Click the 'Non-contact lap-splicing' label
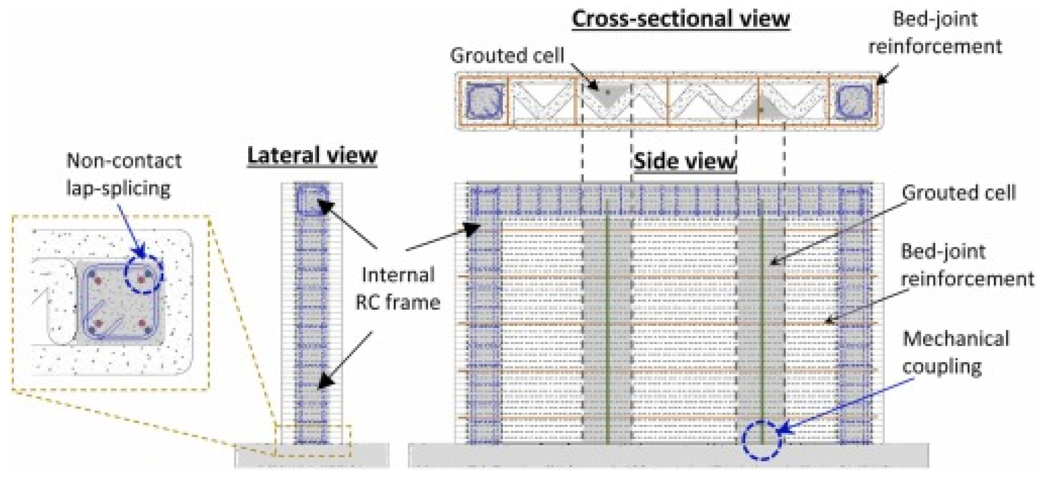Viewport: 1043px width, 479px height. pyautogui.click(x=123, y=175)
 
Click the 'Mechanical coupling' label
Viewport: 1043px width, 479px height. pyautogui.click(x=955, y=352)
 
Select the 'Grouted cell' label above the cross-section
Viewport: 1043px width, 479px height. pyautogui.click(x=507, y=55)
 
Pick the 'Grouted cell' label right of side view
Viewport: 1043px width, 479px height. pyautogui.click(x=959, y=193)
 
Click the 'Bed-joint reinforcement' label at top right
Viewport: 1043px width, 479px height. pyautogui.click(x=935, y=33)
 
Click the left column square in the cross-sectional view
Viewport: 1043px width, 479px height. pyautogui.click(x=485, y=101)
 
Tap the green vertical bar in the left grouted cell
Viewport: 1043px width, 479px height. pyautogui.click(x=607, y=324)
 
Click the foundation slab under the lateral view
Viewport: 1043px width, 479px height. pyautogui.click(x=312, y=456)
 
